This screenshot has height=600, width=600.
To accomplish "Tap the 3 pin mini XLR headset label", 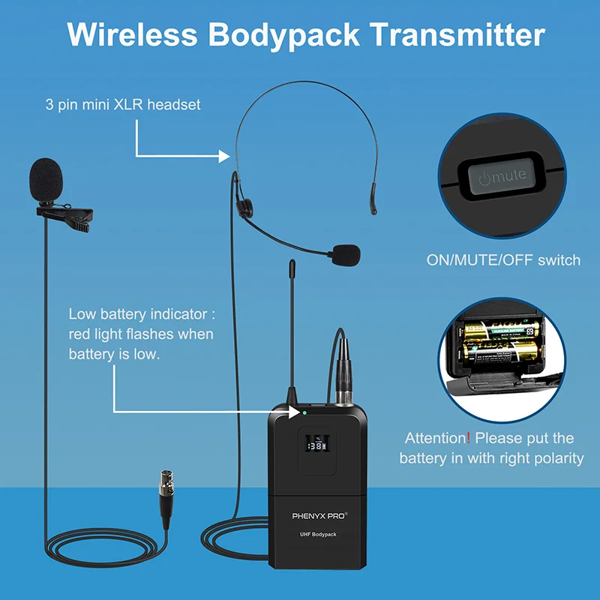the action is tap(122, 104).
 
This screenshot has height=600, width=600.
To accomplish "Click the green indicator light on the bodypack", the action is tap(305, 412).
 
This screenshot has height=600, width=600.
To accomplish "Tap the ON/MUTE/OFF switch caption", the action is tap(503, 260).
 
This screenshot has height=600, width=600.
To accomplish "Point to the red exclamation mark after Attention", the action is tap(468, 438).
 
